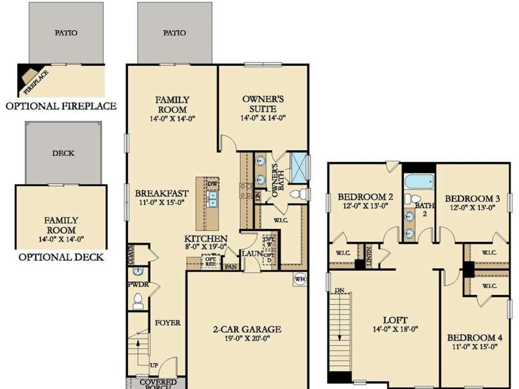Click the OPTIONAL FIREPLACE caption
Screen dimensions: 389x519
61,106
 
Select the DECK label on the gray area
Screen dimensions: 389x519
63,153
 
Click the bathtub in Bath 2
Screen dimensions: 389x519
419,182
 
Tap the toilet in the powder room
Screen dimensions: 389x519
138,301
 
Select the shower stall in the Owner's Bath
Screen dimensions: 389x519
299,164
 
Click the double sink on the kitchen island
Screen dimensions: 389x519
212,199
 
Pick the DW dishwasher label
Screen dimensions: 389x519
212,183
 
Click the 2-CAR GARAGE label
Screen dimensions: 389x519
247,329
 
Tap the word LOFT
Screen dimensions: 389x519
395,320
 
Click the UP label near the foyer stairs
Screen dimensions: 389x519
154,364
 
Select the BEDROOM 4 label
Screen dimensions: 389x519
472,338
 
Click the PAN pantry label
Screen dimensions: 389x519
231,267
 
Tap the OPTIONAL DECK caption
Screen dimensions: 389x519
61,257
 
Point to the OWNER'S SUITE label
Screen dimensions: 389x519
263,103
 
